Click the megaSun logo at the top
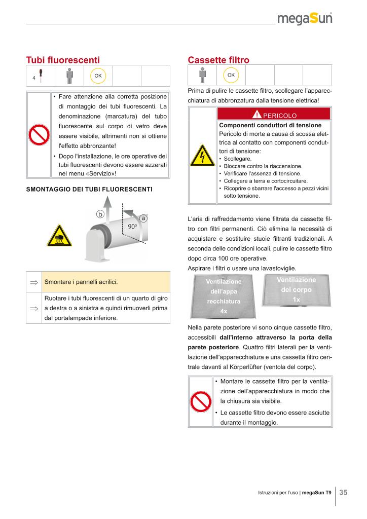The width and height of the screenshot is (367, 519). pyautogui.click(x=305, y=19)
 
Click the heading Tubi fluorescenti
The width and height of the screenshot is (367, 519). pyautogui.click(x=63, y=60)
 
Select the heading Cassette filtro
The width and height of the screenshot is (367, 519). pyautogui.click(x=218, y=60)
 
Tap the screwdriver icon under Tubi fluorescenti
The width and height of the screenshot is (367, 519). pyautogui.click(x=41, y=76)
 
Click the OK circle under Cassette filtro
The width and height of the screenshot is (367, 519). pyautogui.click(x=231, y=75)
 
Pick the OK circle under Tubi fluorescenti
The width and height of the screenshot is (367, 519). pyautogui.click(x=98, y=76)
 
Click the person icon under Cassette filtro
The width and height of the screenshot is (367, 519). pyautogui.click(x=202, y=75)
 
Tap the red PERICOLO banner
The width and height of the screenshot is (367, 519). pyautogui.click(x=274, y=114)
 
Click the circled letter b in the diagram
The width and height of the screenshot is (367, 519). pyautogui.click(x=100, y=214)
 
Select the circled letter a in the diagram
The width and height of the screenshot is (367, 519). pyautogui.click(x=143, y=218)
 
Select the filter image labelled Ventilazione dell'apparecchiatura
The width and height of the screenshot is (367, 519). pyautogui.click(x=224, y=296)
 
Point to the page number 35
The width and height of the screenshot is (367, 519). pyautogui.click(x=343, y=492)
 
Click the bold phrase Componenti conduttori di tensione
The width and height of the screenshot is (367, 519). pyautogui.click(x=270, y=125)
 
